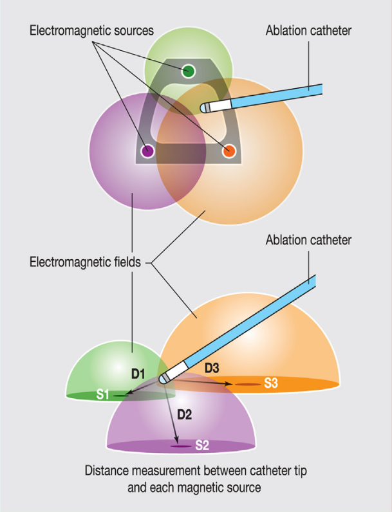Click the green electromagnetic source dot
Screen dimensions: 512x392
pyautogui.click(x=188, y=70)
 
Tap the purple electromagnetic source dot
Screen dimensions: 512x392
pyautogui.click(x=147, y=152)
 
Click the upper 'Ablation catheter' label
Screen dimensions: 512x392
pyautogui.click(x=308, y=30)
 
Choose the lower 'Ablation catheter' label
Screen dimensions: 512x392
pyautogui.click(x=308, y=240)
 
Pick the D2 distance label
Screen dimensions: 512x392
pyautogui.click(x=184, y=415)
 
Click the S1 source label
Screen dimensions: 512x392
pyautogui.click(x=103, y=394)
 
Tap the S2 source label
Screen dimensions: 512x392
pyautogui.click(x=201, y=444)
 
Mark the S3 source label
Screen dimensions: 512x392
pyautogui.click(x=271, y=384)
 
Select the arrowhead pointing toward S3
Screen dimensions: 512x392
pyautogui.click(x=229, y=384)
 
